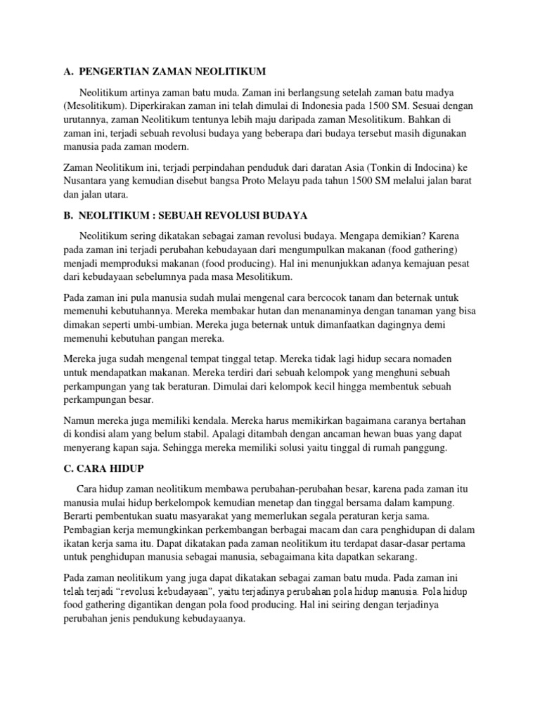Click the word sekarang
pos(393,557)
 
